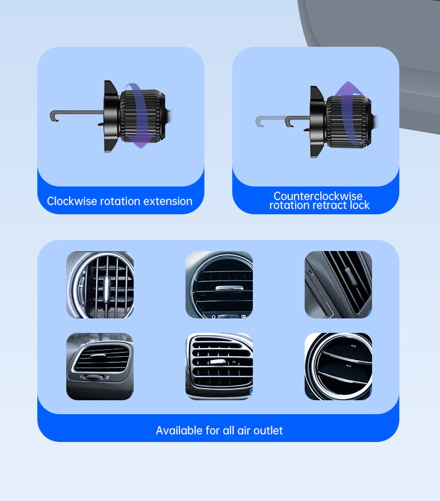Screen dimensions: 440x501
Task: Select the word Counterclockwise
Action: point(318,195)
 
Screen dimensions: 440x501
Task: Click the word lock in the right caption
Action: point(360,205)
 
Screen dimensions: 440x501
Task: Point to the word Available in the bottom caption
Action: point(179,430)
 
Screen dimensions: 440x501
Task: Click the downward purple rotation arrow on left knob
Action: point(138,116)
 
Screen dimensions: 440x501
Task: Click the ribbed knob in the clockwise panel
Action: point(143,116)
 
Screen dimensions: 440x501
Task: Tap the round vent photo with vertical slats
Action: point(100,284)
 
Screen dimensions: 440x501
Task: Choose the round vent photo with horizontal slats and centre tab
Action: point(219,284)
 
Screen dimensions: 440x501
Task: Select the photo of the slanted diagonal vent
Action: point(338,284)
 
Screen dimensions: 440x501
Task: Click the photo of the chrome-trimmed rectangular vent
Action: point(100,366)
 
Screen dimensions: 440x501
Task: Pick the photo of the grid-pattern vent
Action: point(219,366)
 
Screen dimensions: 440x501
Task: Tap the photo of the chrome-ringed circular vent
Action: point(338,366)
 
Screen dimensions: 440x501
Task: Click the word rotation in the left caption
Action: point(120,202)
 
